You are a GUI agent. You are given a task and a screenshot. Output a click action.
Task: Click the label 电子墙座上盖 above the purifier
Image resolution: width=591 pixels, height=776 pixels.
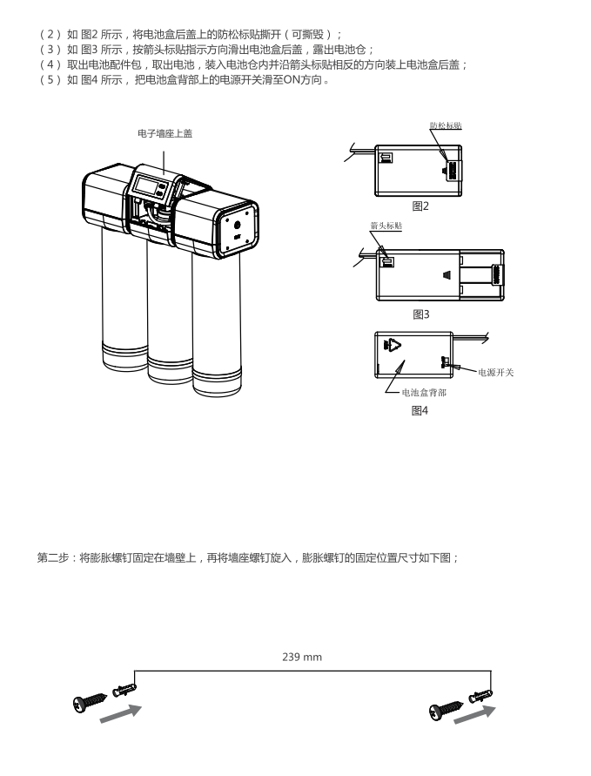click(x=164, y=133)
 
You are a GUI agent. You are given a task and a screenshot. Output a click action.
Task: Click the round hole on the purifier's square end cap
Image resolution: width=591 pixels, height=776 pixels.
click(x=238, y=224)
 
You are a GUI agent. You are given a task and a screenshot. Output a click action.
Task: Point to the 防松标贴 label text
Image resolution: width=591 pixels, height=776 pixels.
click(x=446, y=125)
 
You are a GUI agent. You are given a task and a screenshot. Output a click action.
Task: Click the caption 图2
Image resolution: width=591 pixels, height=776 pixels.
click(x=421, y=206)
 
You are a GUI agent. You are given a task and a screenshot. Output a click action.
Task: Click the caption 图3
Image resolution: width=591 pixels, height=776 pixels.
click(x=421, y=314)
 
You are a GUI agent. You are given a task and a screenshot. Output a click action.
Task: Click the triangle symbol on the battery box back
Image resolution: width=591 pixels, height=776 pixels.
click(x=397, y=346)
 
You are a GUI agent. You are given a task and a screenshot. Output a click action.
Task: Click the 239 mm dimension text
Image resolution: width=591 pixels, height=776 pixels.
click(x=302, y=657)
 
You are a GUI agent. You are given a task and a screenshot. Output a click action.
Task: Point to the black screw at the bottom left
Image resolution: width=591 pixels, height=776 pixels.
click(x=90, y=699)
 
